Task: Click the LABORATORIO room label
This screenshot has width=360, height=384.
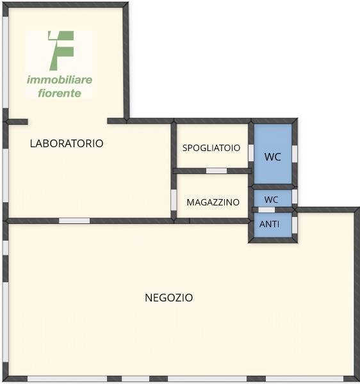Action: coord(67,143)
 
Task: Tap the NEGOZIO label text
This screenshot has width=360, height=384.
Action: coord(169,298)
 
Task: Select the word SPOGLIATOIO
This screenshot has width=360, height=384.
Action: coord(211,148)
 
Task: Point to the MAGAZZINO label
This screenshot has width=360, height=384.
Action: coord(213,202)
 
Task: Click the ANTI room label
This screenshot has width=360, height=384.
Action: coord(269,224)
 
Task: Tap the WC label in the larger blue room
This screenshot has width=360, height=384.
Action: coord(272,157)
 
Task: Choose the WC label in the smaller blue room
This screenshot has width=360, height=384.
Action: coord(271,200)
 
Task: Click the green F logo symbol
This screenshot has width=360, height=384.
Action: coord(61,51)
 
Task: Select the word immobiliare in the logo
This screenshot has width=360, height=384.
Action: coord(60,80)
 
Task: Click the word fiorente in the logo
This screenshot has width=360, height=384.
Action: coord(60,93)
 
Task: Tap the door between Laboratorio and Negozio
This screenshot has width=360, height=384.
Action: coord(74,221)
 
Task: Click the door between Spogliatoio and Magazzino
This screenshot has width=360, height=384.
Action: coord(217,171)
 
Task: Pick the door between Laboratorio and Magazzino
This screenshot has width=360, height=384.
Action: coord(174,200)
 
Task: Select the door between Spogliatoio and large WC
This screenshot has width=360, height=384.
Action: coord(251,153)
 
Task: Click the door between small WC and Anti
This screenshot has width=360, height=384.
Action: coord(266,210)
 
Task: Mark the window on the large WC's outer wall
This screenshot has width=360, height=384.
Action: coord(295,154)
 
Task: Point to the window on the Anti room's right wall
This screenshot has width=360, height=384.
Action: coord(295,225)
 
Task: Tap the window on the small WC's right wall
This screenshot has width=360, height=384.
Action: coord(295,196)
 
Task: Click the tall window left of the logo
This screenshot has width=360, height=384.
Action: coord(5,62)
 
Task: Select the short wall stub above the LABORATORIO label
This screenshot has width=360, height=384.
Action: coord(17,122)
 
